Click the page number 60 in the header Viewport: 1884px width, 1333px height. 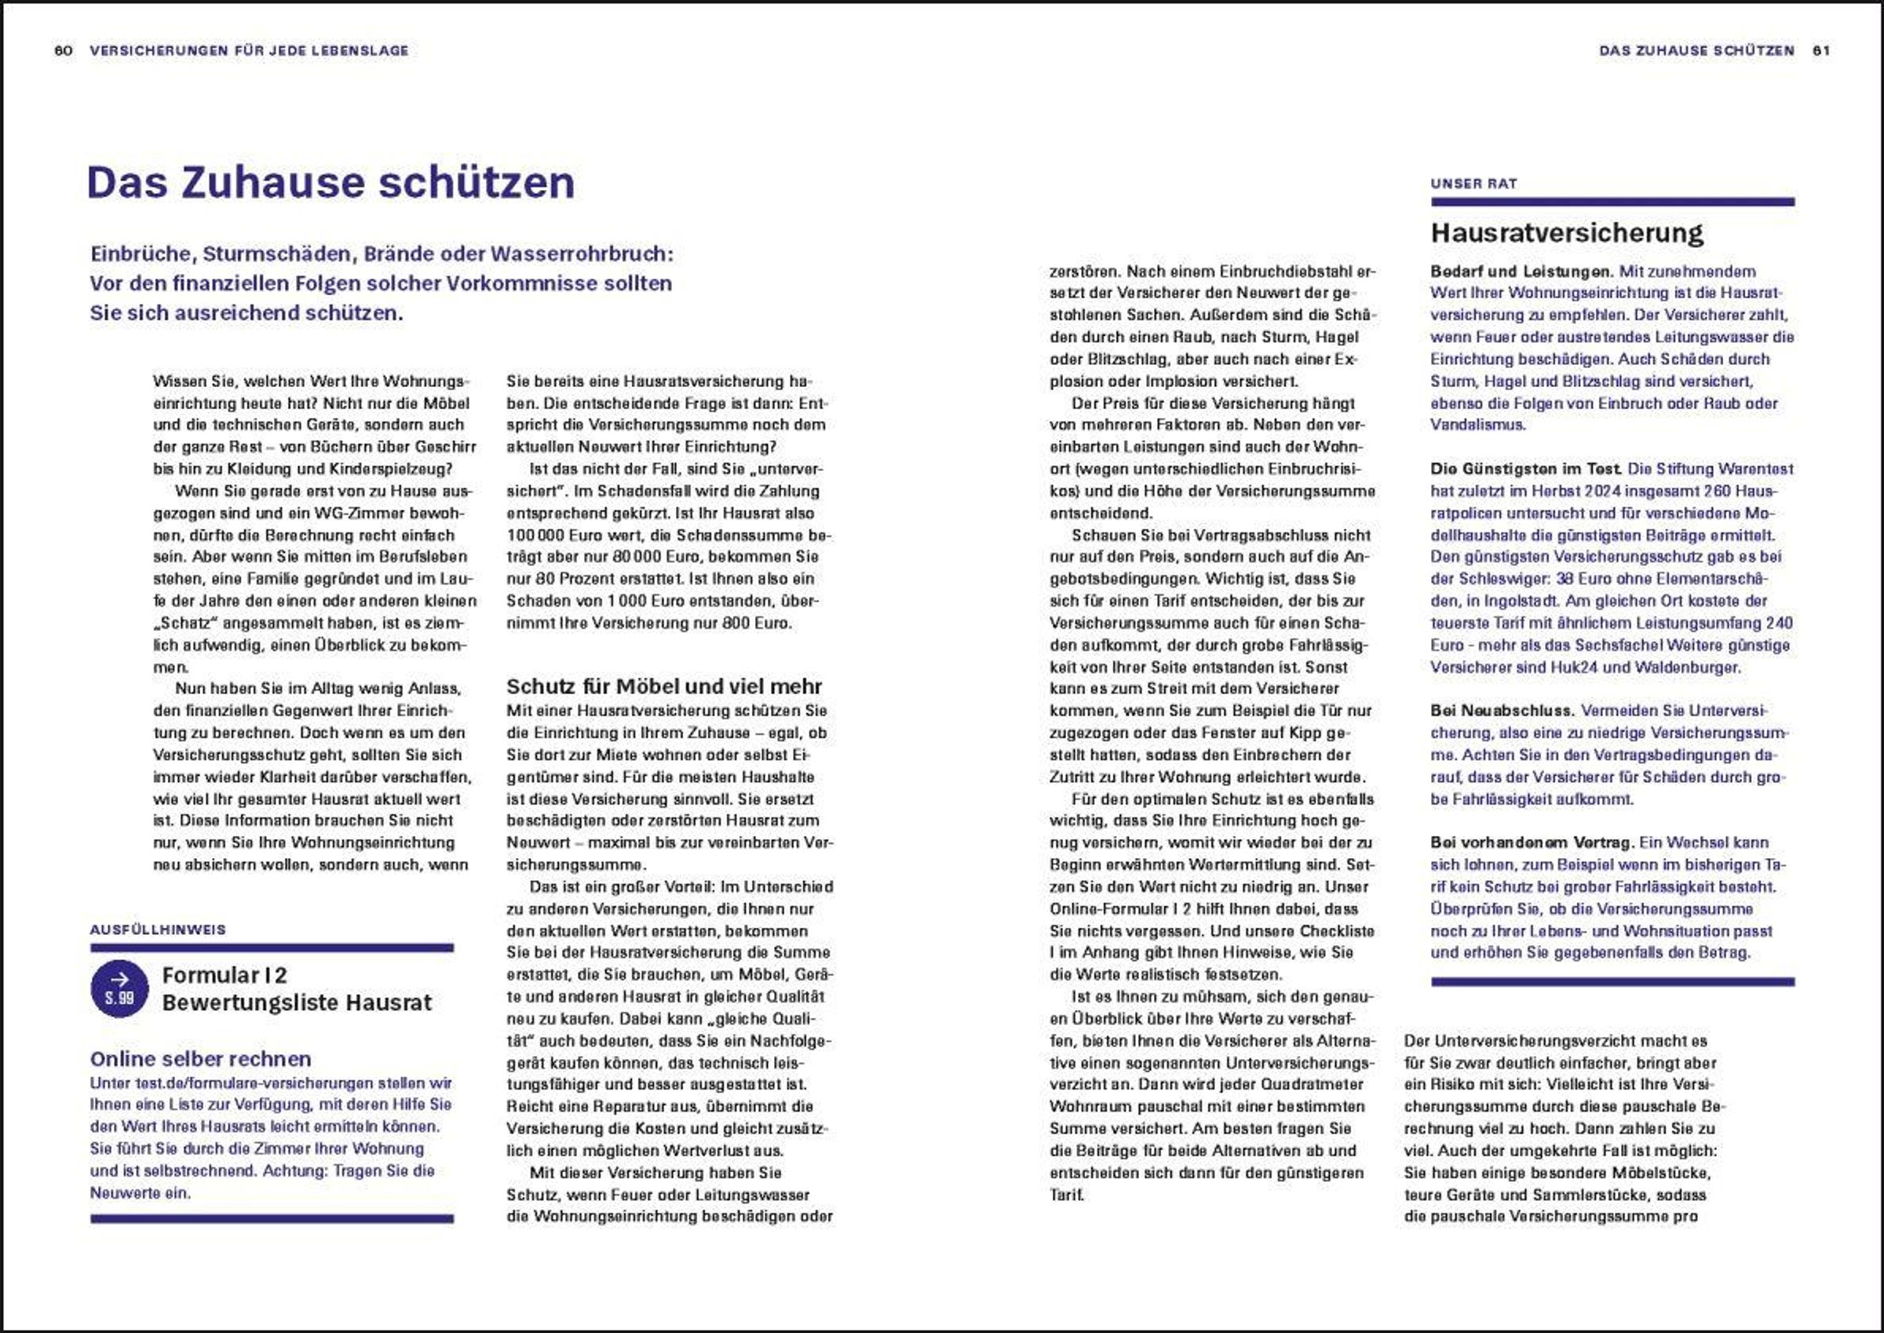pyautogui.click(x=63, y=51)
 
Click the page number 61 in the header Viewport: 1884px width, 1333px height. pyautogui.click(x=1821, y=51)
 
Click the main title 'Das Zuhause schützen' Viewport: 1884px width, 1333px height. pyautogui.click(x=330, y=182)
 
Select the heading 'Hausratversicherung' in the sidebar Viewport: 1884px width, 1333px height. pyautogui.click(x=1566, y=233)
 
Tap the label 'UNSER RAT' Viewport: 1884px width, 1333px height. pyautogui.click(x=1473, y=184)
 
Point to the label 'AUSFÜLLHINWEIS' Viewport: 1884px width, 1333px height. pyautogui.click(x=158, y=930)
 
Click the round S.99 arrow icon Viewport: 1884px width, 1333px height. pyautogui.click(x=120, y=988)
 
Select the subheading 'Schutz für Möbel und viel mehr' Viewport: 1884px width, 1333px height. pyautogui.click(x=664, y=686)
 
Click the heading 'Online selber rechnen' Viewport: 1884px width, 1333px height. pyautogui.click(x=201, y=1059)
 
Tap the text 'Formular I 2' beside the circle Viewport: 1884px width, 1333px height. pyautogui.click(x=225, y=975)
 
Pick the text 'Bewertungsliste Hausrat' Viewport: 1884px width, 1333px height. pyautogui.click(x=297, y=1003)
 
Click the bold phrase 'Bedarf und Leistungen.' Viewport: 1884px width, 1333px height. pyautogui.click(x=1521, y=272)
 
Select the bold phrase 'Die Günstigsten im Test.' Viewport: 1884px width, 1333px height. pyautogui.click(x=1525, y=469)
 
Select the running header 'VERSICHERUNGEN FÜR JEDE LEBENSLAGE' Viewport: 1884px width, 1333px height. pyautogui.click(x=249, y=51)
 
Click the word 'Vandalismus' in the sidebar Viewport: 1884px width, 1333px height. pyautogui.click(x=1477, y=425)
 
